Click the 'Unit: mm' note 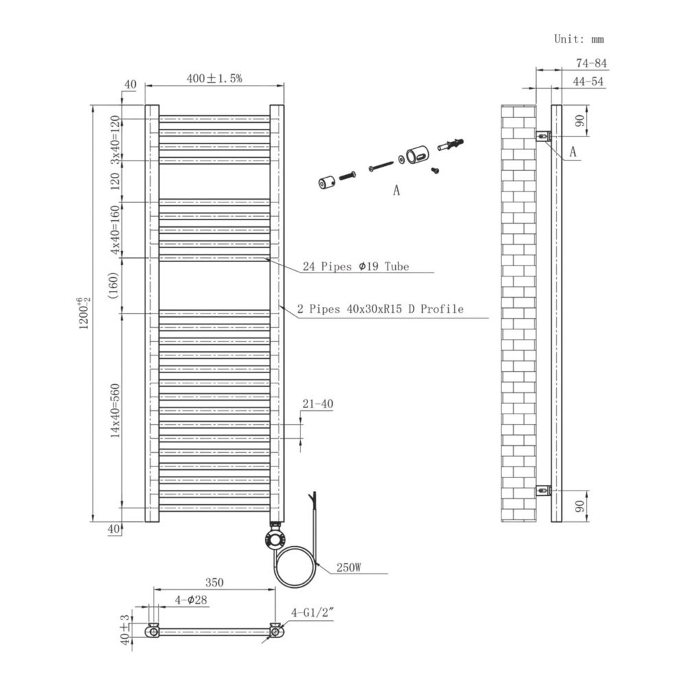point(579,39)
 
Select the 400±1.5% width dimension point(214,78)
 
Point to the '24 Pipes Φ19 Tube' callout point(355,266)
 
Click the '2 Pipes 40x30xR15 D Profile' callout point(380,309)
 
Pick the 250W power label point(348,567)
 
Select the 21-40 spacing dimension point(318,403)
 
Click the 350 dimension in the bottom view point(214,582)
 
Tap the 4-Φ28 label point(191,600)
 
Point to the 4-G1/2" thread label point(312,613)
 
